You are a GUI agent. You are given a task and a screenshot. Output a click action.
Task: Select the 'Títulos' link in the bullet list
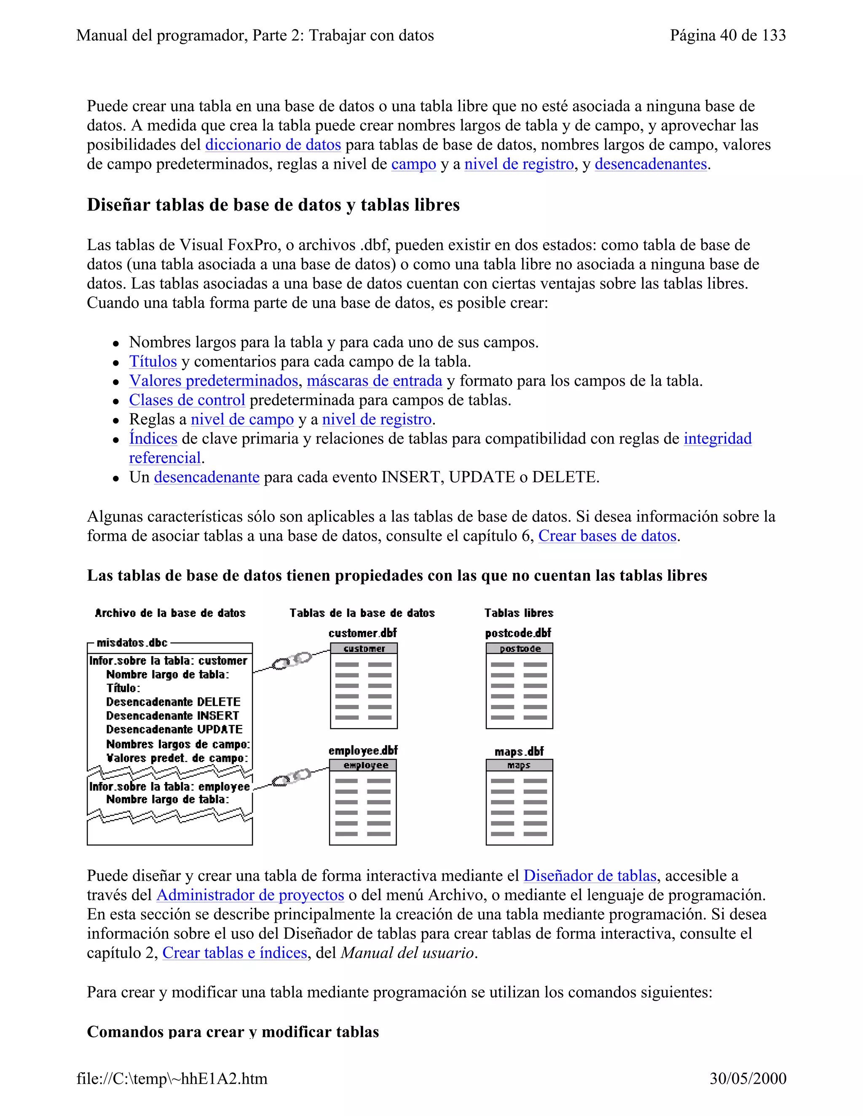(153, 361)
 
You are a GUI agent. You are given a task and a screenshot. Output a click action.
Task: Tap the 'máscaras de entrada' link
(374, 381)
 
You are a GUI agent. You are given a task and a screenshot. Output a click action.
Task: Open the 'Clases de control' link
(187, 400)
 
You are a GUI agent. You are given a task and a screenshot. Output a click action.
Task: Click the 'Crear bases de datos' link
(607, 536)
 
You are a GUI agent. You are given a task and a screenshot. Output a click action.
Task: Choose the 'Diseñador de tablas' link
(590, 876)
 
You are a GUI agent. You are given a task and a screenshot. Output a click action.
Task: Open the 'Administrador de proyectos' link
(250, 895)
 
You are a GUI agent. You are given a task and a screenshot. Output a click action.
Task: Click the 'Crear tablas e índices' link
(235, 953)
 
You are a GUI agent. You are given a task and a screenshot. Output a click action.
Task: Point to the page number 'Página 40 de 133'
(727, 35)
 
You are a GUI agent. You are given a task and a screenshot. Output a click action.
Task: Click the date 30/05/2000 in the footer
(748, 1078)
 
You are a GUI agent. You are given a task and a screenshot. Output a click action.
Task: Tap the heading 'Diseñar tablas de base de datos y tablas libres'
(273, 205)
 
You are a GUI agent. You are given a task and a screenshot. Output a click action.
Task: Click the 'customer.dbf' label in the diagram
(362, 633)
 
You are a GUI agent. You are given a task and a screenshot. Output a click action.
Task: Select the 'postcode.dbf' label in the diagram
(518, 633)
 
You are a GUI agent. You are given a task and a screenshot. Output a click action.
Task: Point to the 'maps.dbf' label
(519, 751)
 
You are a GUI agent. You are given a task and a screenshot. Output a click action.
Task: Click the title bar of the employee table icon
(363, 765)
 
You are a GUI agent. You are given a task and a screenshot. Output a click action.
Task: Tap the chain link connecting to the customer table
(292, 661)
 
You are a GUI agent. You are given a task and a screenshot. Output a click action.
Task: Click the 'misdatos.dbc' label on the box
(132, 643)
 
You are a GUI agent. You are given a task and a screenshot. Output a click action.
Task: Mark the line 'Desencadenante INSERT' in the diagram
(172, 716)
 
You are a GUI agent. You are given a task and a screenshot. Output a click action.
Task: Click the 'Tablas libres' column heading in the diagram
(518, 613)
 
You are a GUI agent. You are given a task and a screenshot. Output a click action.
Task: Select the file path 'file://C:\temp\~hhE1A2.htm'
(172, 1078)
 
